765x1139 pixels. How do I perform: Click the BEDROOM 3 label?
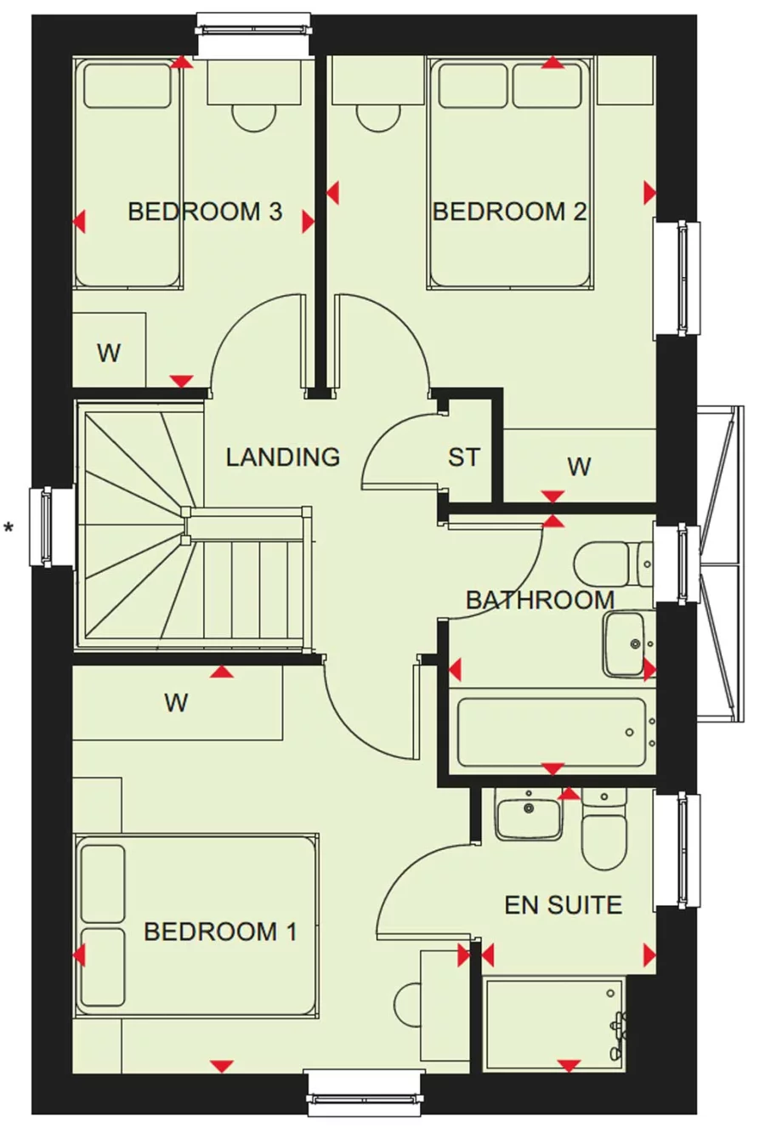(x=205, y=212)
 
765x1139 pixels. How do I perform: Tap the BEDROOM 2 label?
(x=510, y=212)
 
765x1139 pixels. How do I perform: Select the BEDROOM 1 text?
(x=220, y=932)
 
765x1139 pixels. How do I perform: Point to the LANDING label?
(x=283, y=456)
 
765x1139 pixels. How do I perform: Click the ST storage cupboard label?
(x=464, y=457)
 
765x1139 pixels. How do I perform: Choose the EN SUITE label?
(x=564, y=904)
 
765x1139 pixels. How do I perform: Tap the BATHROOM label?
(x=541, y=600)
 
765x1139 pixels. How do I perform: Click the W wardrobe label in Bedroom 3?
(x=109, y=353)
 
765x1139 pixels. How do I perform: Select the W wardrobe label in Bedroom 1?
(x=176, y=703)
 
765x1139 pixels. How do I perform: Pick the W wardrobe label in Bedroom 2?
(x=580, y=467)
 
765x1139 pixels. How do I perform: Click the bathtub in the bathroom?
(x=552, y=731)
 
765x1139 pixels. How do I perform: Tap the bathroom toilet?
(x=614, y=564)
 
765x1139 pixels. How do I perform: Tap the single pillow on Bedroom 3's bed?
(x=127, y=86)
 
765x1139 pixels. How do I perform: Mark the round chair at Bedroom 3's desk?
(x=254, y=118)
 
